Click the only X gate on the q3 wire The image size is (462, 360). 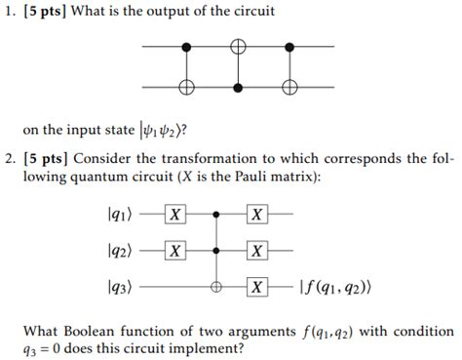256,288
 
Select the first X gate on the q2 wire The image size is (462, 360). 174,250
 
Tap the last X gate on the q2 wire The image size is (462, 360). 256,250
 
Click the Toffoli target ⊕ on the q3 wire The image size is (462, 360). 215,288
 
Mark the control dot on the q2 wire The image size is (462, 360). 215,250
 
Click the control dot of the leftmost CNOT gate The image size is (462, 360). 187,46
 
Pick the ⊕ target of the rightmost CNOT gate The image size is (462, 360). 289,87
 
